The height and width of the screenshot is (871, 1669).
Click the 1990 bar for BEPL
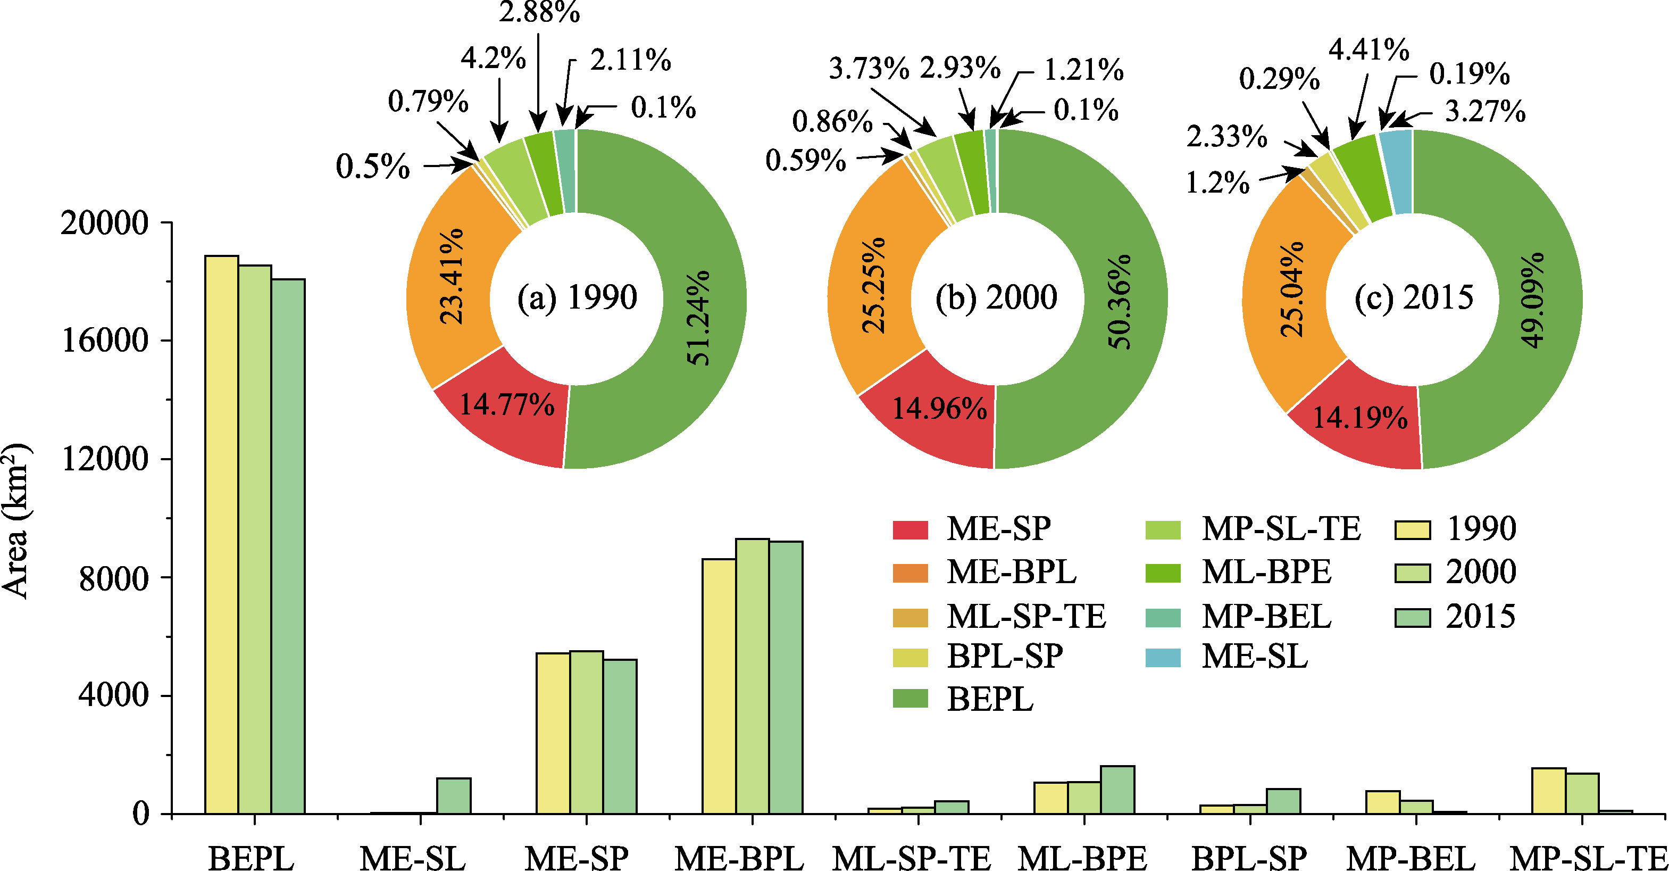pyautogui.click(x=222, y=535)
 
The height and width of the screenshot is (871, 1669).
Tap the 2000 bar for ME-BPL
pyautogui.click(x=752, y=676)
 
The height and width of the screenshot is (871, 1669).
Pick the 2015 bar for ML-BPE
pyautogui.click(x=1117, y=790)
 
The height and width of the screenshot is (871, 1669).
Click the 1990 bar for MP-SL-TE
pyautogui.click(x=1548, y=791)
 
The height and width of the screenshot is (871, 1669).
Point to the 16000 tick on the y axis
pyautogui.click(x=104, y=340)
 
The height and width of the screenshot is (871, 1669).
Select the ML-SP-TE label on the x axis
pyautogui.click(x=911, y=858)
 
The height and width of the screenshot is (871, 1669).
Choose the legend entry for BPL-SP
pyautogui.click(x=1004, y=657)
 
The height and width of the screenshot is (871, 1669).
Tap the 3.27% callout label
pyautogui.click(x=1485, y=111)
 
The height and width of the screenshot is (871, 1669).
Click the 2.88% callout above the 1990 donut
pyautogui.click(x=539, y=12)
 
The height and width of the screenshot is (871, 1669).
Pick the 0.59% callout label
pyautogui.click(x=805, y=160)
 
